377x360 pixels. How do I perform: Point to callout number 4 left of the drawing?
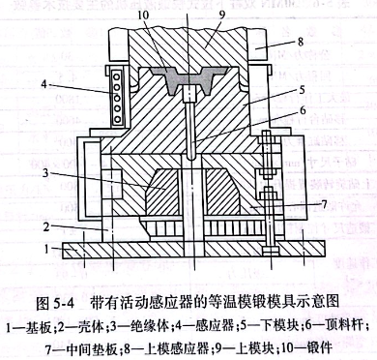click(44, 85)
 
